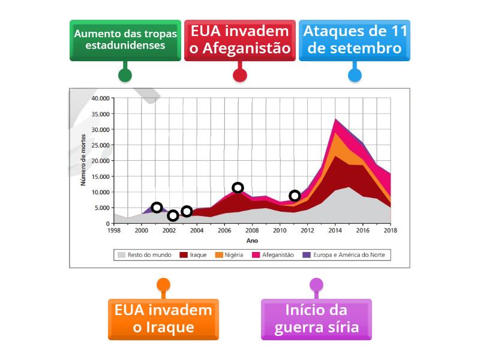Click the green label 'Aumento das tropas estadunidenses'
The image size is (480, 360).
(125, 40)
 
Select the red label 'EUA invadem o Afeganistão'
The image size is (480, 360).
(240, 40)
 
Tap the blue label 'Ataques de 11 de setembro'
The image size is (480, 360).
(355, 40)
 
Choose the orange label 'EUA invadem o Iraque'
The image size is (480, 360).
(163, 319)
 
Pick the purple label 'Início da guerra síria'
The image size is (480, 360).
(316, 319)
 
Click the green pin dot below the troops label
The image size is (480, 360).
(125, 75)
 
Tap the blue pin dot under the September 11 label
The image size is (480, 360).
(355, 75)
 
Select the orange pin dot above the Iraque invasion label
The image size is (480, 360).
(163, 284)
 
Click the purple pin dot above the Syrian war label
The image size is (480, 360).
(316, 284)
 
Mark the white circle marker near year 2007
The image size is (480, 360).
(238, 188)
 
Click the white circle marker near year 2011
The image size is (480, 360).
(295, 196)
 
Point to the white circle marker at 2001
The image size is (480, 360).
(157, 208)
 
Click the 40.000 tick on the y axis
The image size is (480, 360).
(100, 98)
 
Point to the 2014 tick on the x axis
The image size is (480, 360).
(335, 230)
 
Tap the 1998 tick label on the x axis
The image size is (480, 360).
(113, 230)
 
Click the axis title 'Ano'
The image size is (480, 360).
(252, 240)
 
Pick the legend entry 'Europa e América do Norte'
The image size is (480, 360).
(346, 255)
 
